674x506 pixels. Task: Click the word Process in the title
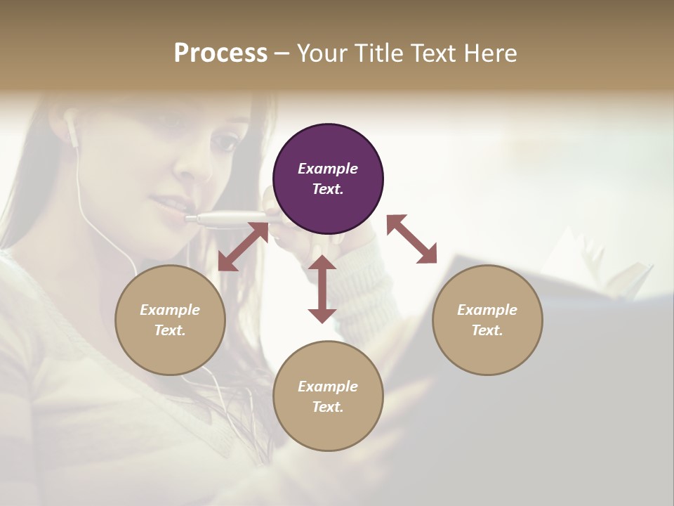(x=220, y=53)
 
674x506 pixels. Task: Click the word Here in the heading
(x=490, y=53)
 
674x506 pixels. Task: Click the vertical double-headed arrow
(x=322, y=289)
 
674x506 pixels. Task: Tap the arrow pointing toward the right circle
(x=412, y=239)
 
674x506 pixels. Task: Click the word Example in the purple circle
(x=328, y=169)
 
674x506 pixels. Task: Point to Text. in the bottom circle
(x=328, y=407)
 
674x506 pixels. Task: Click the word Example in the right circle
(x=487, y=310)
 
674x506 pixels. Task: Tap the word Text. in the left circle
(x=170, y=330)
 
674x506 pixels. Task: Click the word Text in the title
(x=431, y=53)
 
